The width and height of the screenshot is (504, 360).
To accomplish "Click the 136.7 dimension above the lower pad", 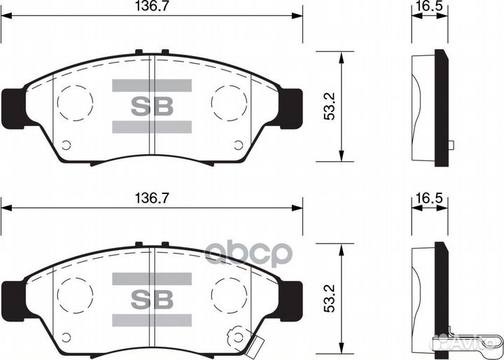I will tap(151, 199).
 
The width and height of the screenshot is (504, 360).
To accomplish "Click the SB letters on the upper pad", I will tap(151, 106).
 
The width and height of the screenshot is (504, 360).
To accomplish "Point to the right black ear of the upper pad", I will tap(290, 108).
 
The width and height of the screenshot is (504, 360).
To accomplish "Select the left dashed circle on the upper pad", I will tap(74, 103).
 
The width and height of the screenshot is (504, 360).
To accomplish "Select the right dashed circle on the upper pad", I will tap(229, 103).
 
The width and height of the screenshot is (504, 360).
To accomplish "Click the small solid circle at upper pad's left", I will tap(66, 146).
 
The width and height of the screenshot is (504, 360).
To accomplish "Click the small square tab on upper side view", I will tap(451, 146).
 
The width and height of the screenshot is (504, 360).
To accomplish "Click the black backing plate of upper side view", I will tap(441, 108).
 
